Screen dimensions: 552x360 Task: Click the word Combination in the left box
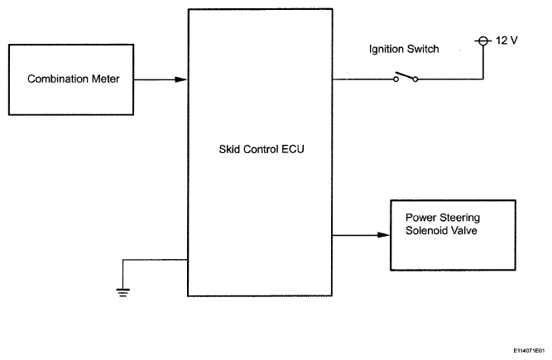click(x=58, y=79)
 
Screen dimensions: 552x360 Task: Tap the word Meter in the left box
click(x=106, y=79)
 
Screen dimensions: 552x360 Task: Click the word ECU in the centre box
click(x=292, y=149)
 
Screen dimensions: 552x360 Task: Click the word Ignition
click(x=386, y=49)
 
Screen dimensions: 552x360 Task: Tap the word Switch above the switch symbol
click(x=422, y=49)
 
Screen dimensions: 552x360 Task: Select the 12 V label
click(x=506, y=41)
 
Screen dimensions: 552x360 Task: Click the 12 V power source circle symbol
click(x=483, y=41)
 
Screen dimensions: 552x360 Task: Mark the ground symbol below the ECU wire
click(x=122, y=292)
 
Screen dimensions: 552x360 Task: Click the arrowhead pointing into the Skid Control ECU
click(x=180, y=79)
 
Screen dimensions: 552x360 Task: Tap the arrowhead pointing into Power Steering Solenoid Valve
click(x=383, y=235)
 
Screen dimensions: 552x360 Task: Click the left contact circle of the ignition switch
click(x=396, y=79)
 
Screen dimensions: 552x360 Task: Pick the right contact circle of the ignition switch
click(x=415, y=79)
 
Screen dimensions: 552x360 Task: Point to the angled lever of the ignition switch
click(x=405, y=75)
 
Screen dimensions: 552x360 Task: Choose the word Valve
click(x=466, y=231)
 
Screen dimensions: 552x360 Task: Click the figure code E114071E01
click(x=529, y=351)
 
